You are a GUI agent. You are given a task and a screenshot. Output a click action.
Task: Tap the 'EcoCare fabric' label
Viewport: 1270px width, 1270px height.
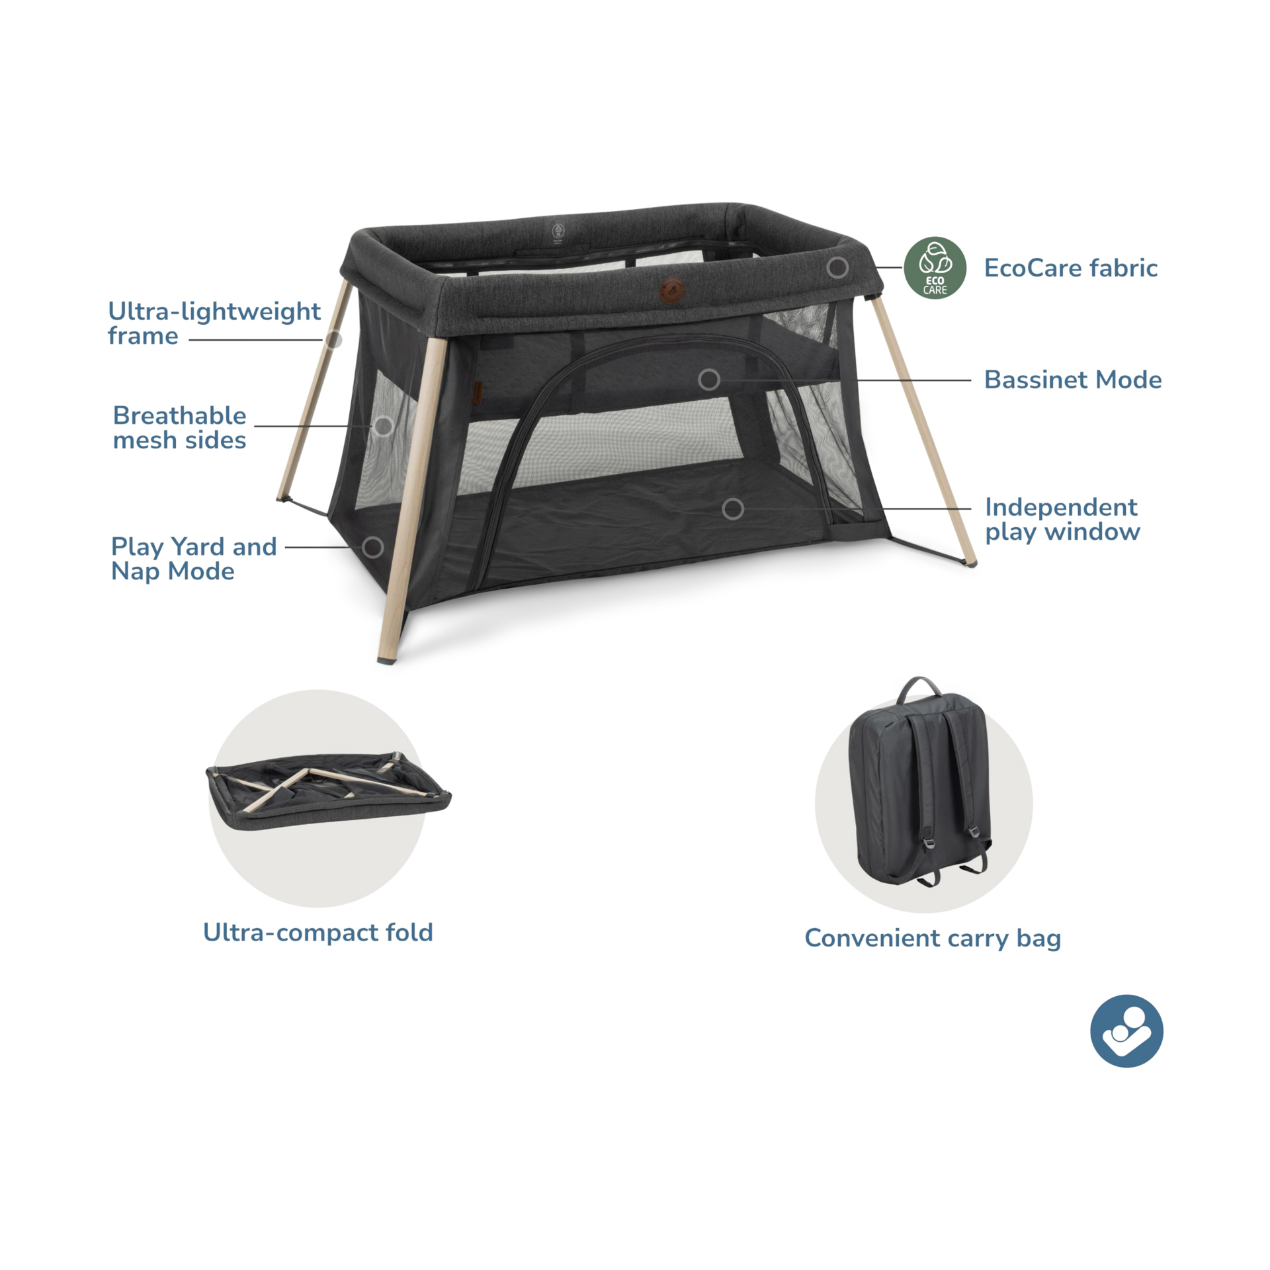pyautogui.click(x=1071, y=268)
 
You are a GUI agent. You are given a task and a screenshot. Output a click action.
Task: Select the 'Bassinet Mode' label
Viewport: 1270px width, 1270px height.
pyautogui.click(x=1072, y=380)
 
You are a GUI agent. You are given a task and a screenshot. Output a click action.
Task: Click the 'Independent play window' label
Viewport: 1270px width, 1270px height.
pyautogui.click(x=1062, y=519)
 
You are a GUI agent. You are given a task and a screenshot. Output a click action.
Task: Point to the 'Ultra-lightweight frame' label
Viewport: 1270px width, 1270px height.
pyautogui.click(x=214, y=323)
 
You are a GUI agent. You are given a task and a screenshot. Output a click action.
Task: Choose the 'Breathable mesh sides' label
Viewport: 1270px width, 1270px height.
pyautogui.click(x=179, y=427)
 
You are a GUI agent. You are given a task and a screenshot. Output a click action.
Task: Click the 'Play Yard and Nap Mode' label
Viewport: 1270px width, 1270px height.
pyautogui.click(x=193, y=559)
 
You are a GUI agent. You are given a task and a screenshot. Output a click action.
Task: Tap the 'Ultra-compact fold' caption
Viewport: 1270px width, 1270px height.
pyautogui.click(x=318, y=932)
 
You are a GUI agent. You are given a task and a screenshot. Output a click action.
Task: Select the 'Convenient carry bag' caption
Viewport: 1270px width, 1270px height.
pyautogui.click(x=933, y=938)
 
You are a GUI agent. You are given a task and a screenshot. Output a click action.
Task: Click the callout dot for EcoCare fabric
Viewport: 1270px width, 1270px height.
pyautogui.click(x=837, y=267)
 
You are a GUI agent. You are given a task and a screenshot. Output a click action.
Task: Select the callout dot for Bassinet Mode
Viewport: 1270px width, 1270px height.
pyautogui.click(x=709, y=380)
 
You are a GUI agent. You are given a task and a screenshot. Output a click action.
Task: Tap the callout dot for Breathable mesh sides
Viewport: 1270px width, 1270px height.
pyautogui.click(x=382, y=426)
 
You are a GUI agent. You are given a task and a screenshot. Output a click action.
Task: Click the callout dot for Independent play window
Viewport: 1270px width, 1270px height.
pyautogui.click(x=732, y=509)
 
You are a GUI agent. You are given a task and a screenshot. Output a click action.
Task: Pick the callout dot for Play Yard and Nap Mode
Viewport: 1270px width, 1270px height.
pyautogui.click(x=373, y=547)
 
